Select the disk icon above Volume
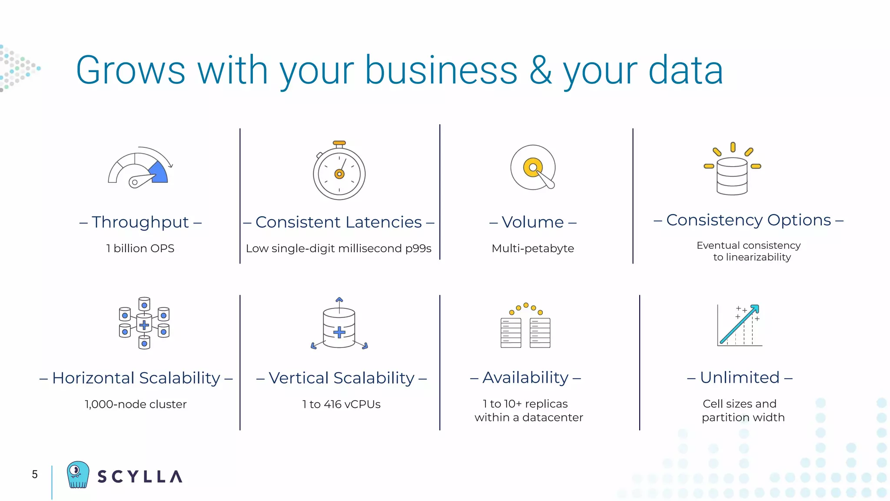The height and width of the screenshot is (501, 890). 533,168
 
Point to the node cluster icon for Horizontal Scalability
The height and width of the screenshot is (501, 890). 144,323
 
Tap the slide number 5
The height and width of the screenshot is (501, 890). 35,474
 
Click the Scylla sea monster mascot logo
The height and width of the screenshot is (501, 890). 78,474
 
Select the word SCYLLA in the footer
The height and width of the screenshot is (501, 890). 139,477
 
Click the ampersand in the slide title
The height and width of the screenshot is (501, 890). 540,70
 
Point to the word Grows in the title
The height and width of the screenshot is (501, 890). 131,70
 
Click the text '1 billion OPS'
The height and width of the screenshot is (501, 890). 140,248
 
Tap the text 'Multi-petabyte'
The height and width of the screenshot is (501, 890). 533,248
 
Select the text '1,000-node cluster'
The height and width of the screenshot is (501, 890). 136,404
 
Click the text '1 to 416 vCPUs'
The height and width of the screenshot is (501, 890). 342,404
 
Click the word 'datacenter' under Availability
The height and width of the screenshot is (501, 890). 552,417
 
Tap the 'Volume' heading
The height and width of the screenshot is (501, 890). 533,222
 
